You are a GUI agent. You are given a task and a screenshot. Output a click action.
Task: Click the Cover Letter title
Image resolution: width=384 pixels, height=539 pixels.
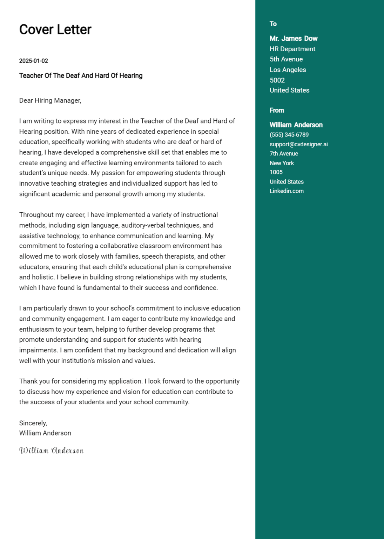coord(55,29)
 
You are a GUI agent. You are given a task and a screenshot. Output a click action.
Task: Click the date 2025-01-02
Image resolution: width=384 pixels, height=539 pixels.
coord(33,61)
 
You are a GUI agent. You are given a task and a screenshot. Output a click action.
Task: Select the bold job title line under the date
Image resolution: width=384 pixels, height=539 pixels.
coord(81,75)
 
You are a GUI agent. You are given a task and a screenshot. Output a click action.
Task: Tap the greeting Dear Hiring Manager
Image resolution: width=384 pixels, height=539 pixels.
coord(50,101)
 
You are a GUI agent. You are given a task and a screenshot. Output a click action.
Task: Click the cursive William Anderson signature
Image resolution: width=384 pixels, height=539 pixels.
coord(51,451)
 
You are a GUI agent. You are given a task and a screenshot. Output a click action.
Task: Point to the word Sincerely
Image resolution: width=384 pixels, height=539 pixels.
coord(33,423)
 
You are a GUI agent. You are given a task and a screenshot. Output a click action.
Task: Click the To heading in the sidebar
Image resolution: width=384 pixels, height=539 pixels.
coord(273,24)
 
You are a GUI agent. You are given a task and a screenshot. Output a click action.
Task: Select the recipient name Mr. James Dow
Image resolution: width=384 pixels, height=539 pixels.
coord(294,39)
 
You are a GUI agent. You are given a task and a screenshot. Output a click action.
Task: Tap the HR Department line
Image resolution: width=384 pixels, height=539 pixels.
coord(292,49)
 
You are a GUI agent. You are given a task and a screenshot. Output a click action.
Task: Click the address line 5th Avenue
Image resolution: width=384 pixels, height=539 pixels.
coord(286,59)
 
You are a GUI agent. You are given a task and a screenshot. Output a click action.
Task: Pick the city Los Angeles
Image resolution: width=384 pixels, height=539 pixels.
coord(288,70)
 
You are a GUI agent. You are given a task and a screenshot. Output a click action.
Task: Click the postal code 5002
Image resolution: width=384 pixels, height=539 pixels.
coord(277,80)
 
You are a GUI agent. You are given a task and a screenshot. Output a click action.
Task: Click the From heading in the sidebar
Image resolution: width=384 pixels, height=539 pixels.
coord(277,110)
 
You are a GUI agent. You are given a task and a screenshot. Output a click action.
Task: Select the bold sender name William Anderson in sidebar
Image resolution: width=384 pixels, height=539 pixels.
coord(296,125)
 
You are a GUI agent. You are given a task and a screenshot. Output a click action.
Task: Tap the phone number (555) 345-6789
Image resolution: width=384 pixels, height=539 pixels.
coord(289,135)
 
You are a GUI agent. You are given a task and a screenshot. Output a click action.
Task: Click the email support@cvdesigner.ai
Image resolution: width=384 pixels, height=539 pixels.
coord(299,144)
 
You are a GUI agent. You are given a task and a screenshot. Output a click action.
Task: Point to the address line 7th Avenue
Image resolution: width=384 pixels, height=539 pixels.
coord(284,154)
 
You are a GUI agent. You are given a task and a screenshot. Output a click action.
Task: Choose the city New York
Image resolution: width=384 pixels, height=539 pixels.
coord(282,163)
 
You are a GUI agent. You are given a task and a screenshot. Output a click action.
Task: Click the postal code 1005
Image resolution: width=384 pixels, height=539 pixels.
coord(276,172)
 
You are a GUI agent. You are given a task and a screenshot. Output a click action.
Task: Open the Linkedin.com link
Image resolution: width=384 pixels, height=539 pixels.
coord(287,191)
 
